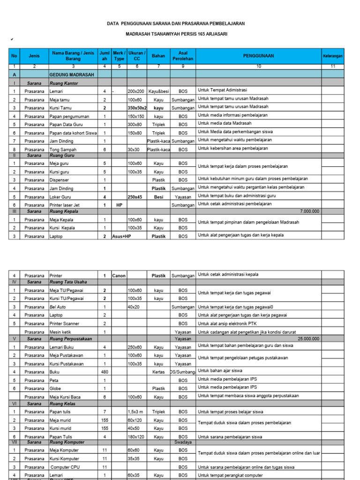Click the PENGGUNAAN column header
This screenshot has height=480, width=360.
click(x=258, y=56)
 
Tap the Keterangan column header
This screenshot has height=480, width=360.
click(x=333, y=56)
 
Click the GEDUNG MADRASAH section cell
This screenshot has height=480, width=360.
click(x=72, y=75)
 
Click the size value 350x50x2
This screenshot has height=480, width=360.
click(x=136, y=107)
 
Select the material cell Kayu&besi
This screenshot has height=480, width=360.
click(x=158, y=90)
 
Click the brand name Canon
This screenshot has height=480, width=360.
click(x=119, y=276)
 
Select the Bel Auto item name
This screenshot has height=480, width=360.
click(x=58, y=307)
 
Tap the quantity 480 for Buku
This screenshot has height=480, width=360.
click(x=104, y=371)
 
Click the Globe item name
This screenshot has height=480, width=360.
click(x=56, y=388)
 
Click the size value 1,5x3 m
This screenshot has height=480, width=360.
click(x=135, y=412)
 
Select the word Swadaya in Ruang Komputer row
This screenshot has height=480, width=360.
click(x=182, y=442)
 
